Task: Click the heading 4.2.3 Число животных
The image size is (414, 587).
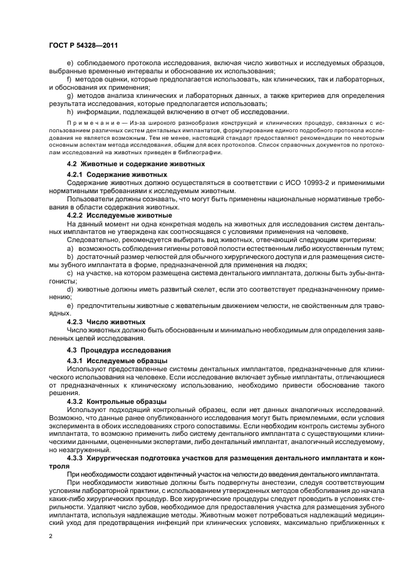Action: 106,322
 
